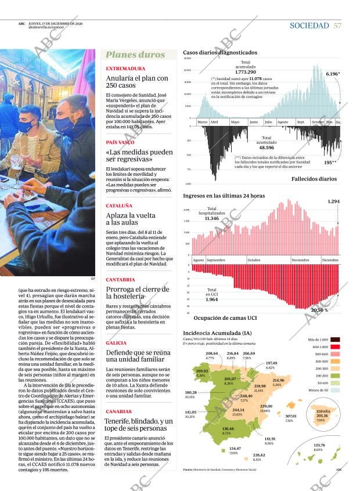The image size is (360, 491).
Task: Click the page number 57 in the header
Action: pos(338,26)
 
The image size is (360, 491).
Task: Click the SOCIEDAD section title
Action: pos(309,26)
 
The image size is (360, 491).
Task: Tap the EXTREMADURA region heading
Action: pos(125,68)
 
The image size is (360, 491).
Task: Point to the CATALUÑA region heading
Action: pos(119,205)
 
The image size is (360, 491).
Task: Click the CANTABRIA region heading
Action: pos(121,279)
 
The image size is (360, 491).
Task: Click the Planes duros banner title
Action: pos(136,55)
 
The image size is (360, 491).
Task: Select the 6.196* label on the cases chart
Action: pos(333,74)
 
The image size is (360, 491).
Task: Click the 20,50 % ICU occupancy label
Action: pos(319,310)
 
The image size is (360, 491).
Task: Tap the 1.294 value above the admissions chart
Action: pos(333,201)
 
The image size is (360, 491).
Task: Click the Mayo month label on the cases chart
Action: pos(235,122)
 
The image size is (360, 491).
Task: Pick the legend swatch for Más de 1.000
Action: pos(335,339)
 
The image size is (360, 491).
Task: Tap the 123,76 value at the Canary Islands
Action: pos(319,445)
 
